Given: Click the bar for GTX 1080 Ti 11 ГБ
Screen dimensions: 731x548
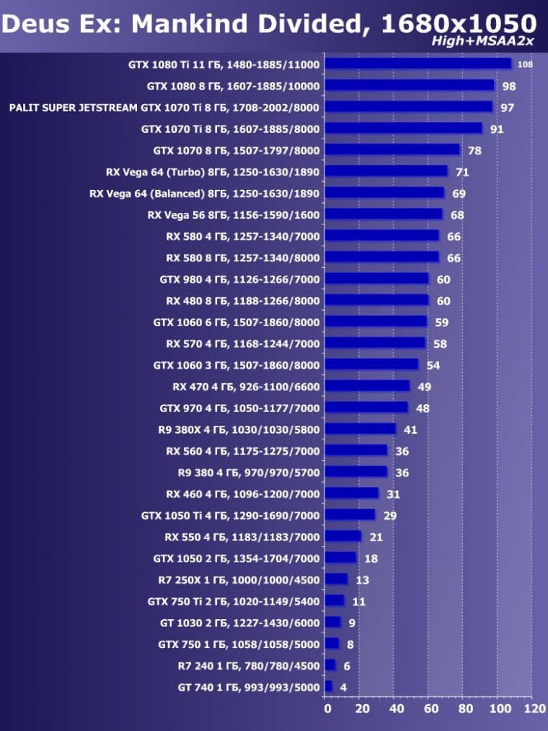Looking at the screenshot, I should tap(417, 64).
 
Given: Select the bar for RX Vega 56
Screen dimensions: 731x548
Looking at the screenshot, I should tap(384, 214).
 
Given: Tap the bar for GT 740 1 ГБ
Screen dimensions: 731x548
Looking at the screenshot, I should tap(329, 686).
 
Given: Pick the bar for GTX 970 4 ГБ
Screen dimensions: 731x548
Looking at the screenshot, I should tap(366, 407).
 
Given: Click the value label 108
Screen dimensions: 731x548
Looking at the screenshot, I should tap(525, 65).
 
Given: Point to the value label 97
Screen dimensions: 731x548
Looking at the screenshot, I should tap(508, 108).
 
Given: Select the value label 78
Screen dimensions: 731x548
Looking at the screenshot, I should tap(474, 151).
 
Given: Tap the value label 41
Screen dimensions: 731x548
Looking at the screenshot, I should tap(411, 429).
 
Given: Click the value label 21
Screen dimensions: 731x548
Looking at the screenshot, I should tap(376, 537).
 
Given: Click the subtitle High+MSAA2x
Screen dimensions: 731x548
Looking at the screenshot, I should tap(482, 41).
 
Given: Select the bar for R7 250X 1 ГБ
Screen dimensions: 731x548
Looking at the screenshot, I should tap(336, 579).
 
